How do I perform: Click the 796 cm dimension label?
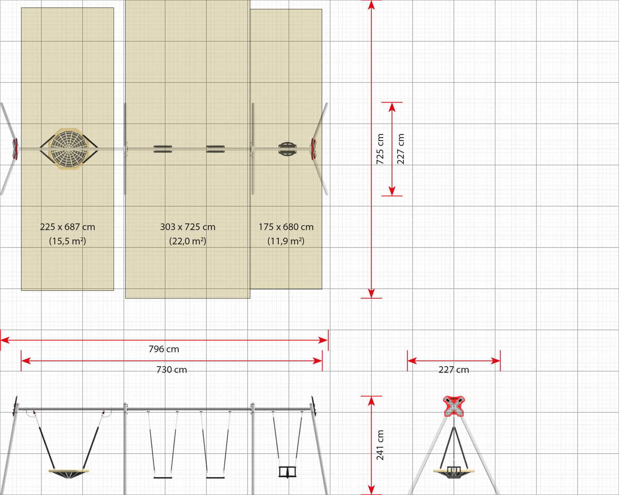click(x=164, y=349)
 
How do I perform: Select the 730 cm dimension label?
click(x=171, y=370)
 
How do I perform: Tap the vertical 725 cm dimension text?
click(x=380, y=149)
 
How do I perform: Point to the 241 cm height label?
click(x=380, y=445)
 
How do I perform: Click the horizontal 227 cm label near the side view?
click(x=453, y=370)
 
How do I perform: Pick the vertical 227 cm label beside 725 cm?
click(x=401, y=149)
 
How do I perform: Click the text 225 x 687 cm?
click(x=68, y=227)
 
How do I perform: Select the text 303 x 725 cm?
click(x=188, y=227)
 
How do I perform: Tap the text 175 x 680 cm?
click(x=286, y=227)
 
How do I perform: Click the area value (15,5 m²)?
click(x=68, y=241)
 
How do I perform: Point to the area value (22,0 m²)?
click(x=188, y=241)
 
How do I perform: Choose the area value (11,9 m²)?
click(x=286, y=241)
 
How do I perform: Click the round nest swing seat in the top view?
click(x=69, y=149)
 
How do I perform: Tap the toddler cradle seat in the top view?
click(x=287, y=149)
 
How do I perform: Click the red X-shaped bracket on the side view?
click(x=454, y=406)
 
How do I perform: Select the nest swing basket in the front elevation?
click(x=69, y=474)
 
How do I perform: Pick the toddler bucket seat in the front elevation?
click(x=287, y=472)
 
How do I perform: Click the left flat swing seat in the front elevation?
click(x=163, y=478)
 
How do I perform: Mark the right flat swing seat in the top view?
click(x=215, y=149)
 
